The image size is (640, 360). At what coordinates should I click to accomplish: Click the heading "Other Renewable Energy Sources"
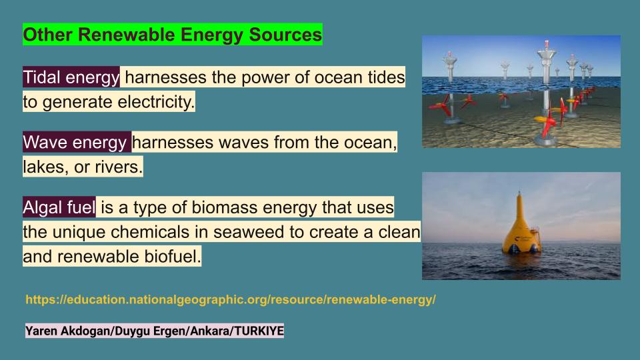click(x=172, y=34)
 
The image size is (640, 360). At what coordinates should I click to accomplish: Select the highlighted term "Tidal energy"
click(x=71, y=77)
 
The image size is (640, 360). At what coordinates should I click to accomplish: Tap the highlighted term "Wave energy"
click(x=75, y=143)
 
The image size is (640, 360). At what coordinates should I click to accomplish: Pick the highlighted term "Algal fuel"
click(x=59, y=207)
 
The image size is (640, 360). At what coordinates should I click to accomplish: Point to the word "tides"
click(x=386, y=77)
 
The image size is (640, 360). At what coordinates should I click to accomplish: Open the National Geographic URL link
click(x=231, y=299)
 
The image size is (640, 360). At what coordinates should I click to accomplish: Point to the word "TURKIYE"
click(x=259, y=331)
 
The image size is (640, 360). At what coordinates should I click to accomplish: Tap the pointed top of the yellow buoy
click(x=519, y=192)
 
